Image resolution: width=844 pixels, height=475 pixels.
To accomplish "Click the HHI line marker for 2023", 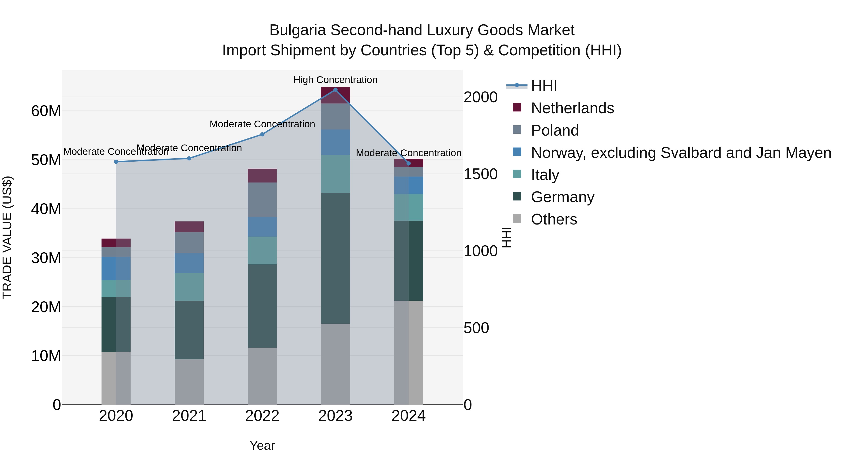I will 335,90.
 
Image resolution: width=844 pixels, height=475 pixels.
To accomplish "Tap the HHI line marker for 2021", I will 189,158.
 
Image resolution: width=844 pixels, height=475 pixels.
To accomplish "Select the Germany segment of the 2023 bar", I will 335,258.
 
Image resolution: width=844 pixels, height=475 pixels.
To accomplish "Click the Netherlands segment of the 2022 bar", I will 262,176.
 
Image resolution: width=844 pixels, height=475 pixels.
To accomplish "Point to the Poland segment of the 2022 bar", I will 262,200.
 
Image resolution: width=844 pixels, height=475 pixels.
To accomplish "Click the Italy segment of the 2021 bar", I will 189,287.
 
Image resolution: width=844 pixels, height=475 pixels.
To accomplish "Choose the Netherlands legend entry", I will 572,108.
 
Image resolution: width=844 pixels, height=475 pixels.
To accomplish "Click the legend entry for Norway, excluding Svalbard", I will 681,153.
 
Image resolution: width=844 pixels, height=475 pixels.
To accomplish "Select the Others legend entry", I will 554,219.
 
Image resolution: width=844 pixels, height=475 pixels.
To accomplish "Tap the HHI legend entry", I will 544,86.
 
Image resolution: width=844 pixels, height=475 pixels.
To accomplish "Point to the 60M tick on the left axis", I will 46,111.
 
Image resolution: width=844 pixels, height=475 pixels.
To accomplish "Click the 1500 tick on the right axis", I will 480,174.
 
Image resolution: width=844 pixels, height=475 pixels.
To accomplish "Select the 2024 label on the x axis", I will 408,416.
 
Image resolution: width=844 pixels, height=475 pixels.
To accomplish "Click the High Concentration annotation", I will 335,80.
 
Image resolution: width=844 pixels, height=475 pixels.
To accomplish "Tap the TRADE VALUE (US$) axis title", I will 7,237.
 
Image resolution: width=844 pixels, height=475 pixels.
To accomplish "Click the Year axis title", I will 262,445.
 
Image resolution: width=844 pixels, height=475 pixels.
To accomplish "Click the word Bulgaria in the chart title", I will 298,30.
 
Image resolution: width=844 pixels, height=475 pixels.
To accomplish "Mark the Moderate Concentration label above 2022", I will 262,124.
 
